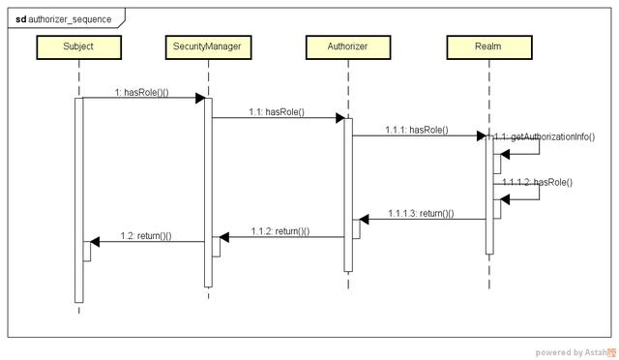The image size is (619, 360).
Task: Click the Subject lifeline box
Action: pos(78,45)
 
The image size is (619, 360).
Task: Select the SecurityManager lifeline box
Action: pos(207,45)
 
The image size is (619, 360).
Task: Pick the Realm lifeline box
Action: pos(488,45)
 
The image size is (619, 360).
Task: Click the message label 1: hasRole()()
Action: pos(141,92)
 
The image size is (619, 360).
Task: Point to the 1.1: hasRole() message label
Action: pos(277,112)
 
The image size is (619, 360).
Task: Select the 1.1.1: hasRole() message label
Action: pos(417,130)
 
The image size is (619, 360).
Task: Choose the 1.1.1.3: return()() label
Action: pos(422,213)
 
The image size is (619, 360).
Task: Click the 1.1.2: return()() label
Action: pos(280,231)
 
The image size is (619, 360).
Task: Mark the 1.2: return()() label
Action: pos(146,235)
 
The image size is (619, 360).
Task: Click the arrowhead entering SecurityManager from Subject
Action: pos(198,98)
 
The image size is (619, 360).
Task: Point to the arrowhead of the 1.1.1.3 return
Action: pos(364,219)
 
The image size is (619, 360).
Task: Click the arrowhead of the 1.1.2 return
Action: pos(223,237)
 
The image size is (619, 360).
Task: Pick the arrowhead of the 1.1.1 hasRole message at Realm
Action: pos(480,135)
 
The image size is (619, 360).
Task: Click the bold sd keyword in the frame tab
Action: pos(20,18)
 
